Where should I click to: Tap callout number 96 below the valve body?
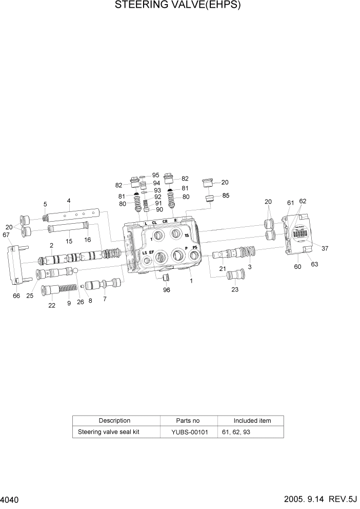(x=167, y=290)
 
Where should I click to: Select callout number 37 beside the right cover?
(x=325, y=248)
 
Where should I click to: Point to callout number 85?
(x=226, y=195)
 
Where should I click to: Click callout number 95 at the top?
(x=155, y=175)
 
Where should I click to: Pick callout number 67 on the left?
(x=6, y=235)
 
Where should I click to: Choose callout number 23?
(x=235, y=289)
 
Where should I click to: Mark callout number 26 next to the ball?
(x=80, y=302)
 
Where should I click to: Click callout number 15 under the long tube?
(x=69, y=241)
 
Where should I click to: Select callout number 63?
(x=314, y=265)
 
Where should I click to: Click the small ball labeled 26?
(x=75, y=271)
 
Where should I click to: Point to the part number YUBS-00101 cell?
(x=190, y=432)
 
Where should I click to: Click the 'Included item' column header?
(x=252, y=421)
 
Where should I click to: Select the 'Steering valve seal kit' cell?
(x=108, y=432)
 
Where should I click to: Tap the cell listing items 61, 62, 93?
(x=236, y=432)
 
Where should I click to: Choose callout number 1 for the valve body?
(x=191, y=281)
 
